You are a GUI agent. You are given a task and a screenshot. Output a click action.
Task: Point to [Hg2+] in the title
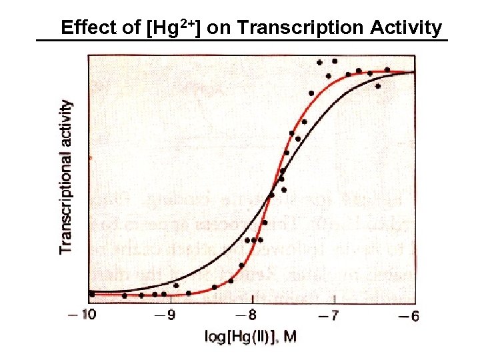pyautogui.click(x=175, y=28)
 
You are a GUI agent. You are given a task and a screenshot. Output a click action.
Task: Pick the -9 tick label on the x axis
pyautogui.click(x=169, y=316)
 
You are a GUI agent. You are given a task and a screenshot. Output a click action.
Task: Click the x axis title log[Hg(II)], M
pyautogui.click(x=250, y=337)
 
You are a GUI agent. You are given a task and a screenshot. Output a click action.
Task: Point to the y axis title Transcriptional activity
pyautogui.click(x=66, y=177)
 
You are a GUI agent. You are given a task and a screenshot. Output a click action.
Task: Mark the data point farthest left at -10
pyautogui.click(x=92, y=293)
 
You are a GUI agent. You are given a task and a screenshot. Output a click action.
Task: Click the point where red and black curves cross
pyautogui.click(x=271, y=195)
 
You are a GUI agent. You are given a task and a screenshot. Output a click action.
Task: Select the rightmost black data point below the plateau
pyautogui.click(x=378, y=86)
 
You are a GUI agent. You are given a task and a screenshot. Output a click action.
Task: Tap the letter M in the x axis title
pyautogui.click(x=290, y=337)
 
